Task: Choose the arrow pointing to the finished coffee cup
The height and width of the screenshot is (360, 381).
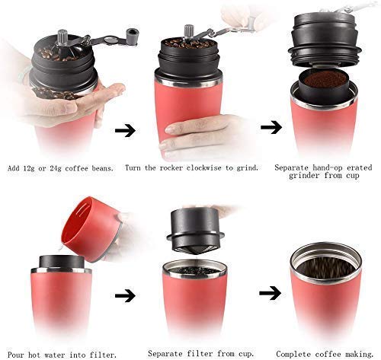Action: (269, 292)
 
